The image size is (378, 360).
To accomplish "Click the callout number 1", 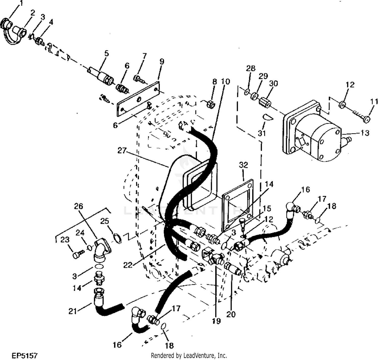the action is pyautogui.click(x=21, y=3).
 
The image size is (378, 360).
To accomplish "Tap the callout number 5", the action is pyautogui.click(x=106, y=53).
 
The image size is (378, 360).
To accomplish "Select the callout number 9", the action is pyautogui.click(x=162, y=61).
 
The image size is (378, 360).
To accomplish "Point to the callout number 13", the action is pyautogui.click(x=365, y=133).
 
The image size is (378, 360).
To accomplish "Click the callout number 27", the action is pyautogui.click(x=122, y=150).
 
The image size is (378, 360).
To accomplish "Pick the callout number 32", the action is pyautogui.click(x=243, y=165).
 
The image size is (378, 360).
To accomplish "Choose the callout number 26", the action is pyautogui.click(x=78, y=206).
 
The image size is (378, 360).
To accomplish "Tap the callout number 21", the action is pyautogui.click(x=73, y=311).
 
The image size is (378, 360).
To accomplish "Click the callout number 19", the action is pyautogui.click(x=216, y=321).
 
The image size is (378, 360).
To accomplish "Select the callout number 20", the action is pyautogui.click(x=231, y=315).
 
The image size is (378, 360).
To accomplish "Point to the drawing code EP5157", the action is pyautogui.click(x=25, y=355).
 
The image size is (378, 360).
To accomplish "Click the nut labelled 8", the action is pyautogui.click(x=211, y=104).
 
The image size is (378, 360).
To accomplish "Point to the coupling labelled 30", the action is pyautogui.click(x=265, y=102).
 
